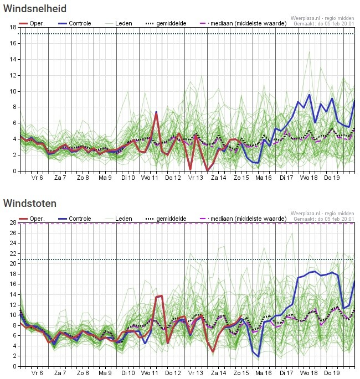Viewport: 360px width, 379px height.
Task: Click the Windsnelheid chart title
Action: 35,9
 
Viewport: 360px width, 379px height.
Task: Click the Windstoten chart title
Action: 30,204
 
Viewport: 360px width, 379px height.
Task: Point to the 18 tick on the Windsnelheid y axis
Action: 13,27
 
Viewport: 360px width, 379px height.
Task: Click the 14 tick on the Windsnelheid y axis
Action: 13,59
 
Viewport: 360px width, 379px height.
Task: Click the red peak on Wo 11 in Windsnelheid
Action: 156,113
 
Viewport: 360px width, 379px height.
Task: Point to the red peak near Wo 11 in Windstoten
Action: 160,297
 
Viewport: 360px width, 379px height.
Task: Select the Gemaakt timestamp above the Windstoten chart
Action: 323,219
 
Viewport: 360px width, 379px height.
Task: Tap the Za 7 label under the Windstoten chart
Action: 60,373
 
